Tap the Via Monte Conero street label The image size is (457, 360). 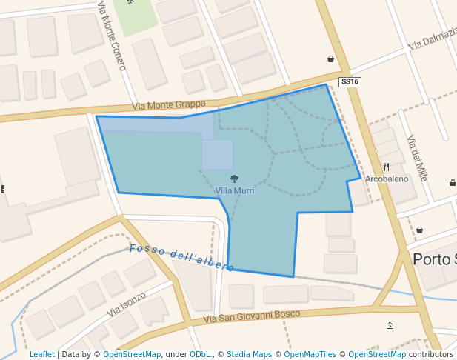point(111,36)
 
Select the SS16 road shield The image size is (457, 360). point(350,81)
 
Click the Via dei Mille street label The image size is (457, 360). point(418,158)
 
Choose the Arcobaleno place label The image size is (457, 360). point(387,179)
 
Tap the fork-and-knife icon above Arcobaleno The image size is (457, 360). point(386,167)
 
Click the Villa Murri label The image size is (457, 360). point(235,191)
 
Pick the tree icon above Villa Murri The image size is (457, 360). point(235,179)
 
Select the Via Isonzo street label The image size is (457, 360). point(127,304)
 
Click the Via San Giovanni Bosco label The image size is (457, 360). point(252,317)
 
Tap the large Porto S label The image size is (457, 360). point(434,259)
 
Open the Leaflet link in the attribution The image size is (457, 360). point(41,355)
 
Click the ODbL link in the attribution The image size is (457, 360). point(199,355)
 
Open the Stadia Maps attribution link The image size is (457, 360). point(249,355)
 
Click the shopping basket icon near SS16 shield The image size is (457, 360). point(330,59)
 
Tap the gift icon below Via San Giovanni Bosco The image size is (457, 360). point(390,325)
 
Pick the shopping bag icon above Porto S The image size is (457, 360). point(419,230)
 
